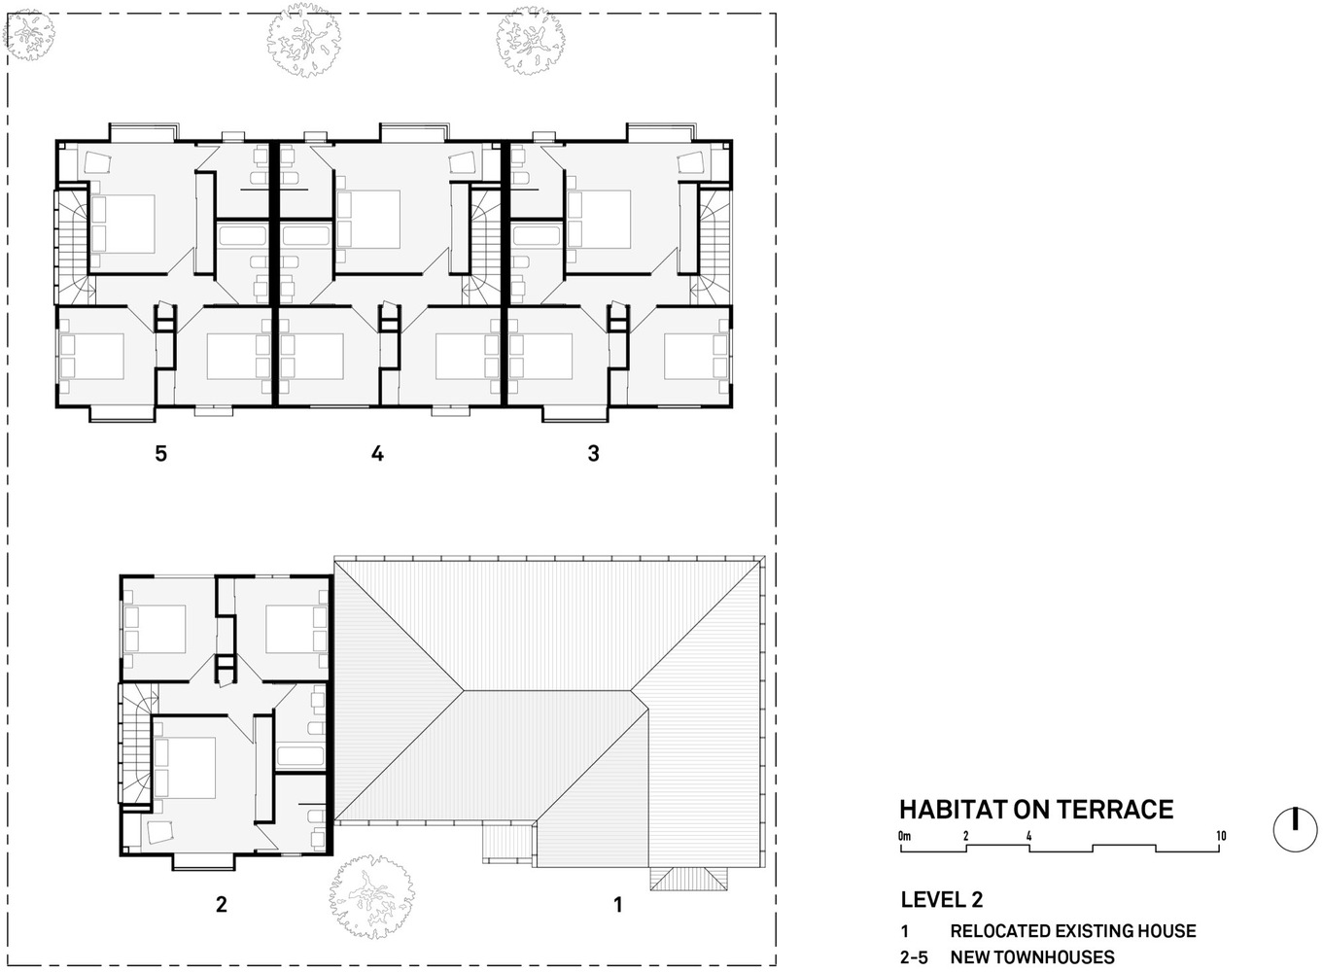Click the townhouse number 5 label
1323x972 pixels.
pyautogui.click(x=161, y=453)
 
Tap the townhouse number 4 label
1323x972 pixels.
pyautogui.click(x=377, y=453)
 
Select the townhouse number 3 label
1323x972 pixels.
pyautogui.click(x=594, y=453)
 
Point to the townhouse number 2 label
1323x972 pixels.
pyautogui.click(x=222, y=904)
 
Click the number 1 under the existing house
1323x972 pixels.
pyautogui.click(x=618, y=904)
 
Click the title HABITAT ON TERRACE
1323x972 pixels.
pyautogui.click(x=1036, y=810)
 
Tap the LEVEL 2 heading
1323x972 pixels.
pyautogui.click(x=942, y=899)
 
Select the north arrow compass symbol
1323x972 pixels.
pyautogui.click(x=1295, y=830)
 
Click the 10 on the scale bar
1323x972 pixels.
pyautogui.click(x=1221, y=836)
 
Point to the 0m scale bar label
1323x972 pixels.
pyautogui.click(x=905, y=836)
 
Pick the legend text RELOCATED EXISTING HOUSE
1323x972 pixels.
pyautogui.click(x=1073, y=931)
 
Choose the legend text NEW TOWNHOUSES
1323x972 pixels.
pyautogui.click(x=1032, y=957)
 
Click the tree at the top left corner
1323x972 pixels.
pyautogui.click(x=29, y=34)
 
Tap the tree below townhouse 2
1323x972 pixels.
pyautogui.click(x=371, y=897)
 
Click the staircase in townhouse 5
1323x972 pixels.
pyautogui.click(x=73, y=247)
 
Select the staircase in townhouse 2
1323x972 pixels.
pyautogui.click(x=138, y=744)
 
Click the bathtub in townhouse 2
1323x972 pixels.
pyautogui.click(x=300, y=755)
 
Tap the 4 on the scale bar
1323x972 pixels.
pyautogui.click(x=1028, y=836)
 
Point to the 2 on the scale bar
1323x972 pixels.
pyautogui.click(x=965, y=836)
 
